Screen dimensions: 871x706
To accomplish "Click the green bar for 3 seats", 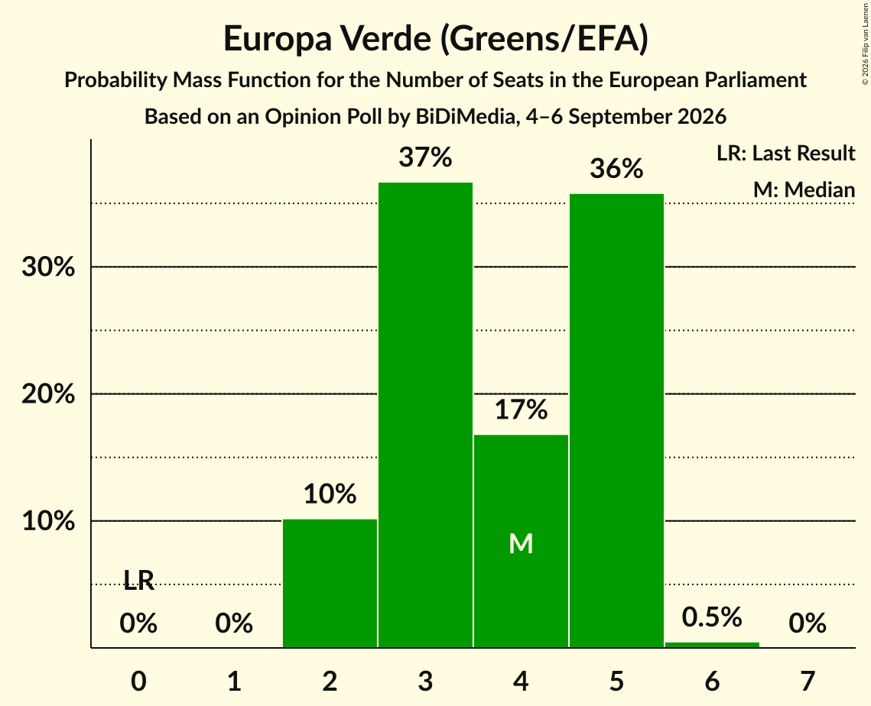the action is click(x=425, y=415).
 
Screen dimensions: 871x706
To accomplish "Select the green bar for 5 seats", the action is click(x=616, y=421).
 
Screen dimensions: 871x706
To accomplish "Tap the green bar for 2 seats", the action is click(x=330, y=583).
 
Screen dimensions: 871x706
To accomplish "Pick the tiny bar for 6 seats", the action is click(x=712, y=645).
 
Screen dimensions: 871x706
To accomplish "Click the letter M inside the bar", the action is click(x=521, y=543).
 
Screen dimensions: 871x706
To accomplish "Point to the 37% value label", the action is click(x=425, y=157).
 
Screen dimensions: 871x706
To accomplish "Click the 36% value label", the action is click(x=616, y=168).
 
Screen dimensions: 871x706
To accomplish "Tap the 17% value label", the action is click(x=521, y=410).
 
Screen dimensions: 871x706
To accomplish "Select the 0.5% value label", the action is click(x=712, y=617).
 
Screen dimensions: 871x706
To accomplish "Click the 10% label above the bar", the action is click(x=330, y=494).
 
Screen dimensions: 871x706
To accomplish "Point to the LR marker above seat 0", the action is click(x=139, y=581).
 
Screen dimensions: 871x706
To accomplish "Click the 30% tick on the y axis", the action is click(x=48, y=267).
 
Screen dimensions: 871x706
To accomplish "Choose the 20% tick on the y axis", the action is click(x=48, y=394).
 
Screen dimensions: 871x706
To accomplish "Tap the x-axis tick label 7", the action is click(x=808, y=681).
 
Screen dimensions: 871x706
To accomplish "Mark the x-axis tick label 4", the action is click(x=521, y=681).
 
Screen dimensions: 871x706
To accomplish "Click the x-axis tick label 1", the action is click(x=235, y=681).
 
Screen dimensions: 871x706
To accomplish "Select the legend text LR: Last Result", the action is click(x=785, y=153).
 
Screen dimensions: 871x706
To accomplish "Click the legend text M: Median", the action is click(x=804, y=189).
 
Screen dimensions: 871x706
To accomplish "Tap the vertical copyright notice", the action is click(x=865, y=44).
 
